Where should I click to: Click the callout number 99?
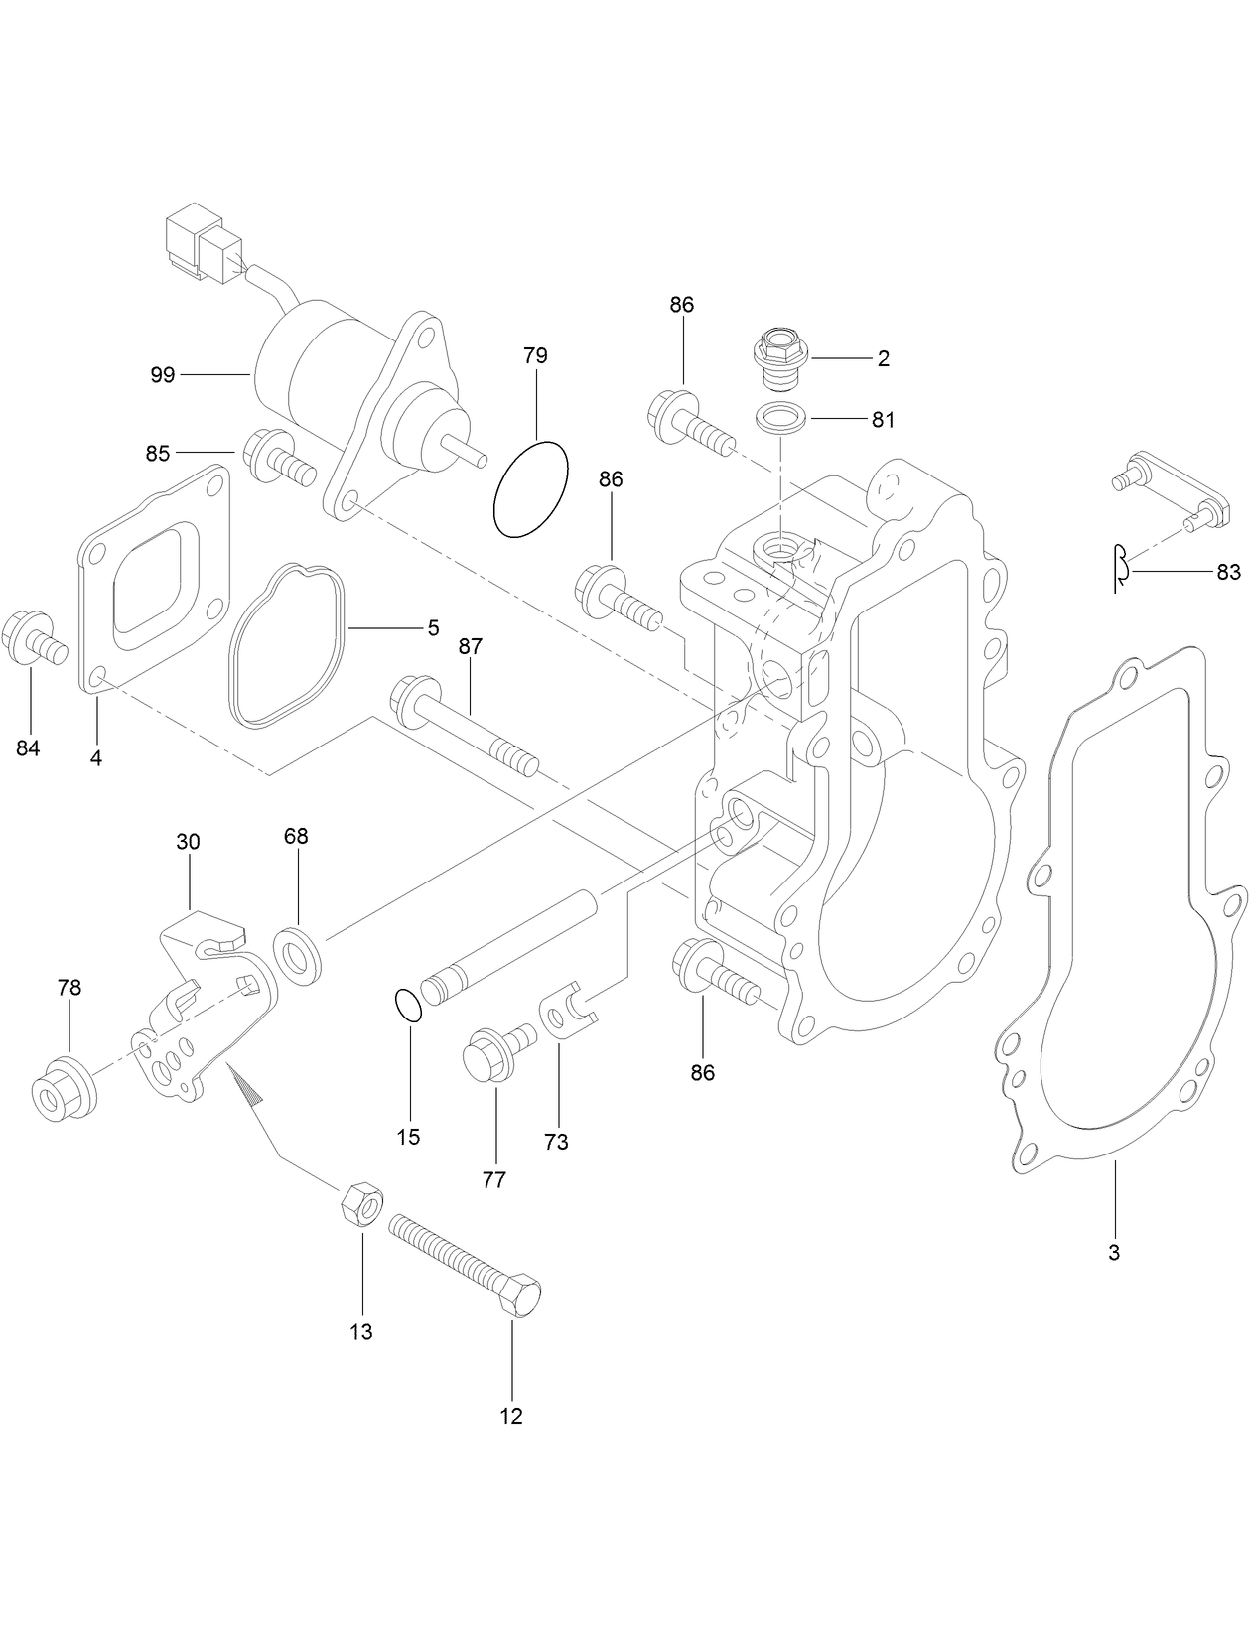point(162,374)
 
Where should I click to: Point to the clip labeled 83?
point(1120,569)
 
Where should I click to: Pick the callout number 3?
point(1114,1253)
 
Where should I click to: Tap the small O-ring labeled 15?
point(407,1005)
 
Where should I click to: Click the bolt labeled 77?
point(493,1055)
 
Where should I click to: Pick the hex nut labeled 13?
point(361,1206)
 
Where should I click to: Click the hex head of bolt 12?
point(519,1296)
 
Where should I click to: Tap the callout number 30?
point(188,842)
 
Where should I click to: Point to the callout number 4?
point(96,758)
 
